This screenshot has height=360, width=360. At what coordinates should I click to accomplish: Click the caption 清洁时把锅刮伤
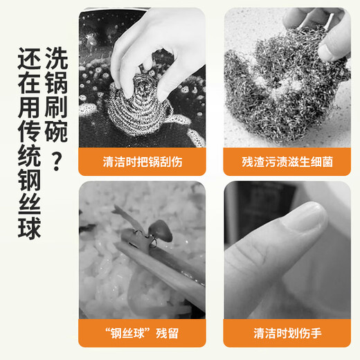143,162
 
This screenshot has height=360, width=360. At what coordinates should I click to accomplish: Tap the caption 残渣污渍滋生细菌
287,162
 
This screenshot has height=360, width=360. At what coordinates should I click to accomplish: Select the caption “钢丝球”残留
142,333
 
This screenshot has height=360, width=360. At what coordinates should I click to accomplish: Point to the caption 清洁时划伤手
287,333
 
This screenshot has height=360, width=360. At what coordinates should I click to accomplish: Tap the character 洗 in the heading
56,58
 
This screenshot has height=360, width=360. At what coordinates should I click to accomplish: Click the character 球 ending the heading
29,228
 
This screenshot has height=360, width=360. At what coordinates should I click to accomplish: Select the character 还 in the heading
29,59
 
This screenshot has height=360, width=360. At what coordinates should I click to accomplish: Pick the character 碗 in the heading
56,131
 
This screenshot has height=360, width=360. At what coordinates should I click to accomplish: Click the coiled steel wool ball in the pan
138,106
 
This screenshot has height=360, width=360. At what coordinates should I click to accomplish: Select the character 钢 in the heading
29,179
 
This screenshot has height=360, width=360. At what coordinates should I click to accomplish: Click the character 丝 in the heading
29,204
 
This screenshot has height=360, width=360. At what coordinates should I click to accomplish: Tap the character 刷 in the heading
56,107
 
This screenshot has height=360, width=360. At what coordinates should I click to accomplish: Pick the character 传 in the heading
29,131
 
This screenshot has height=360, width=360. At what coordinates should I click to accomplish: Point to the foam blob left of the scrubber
88,109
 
